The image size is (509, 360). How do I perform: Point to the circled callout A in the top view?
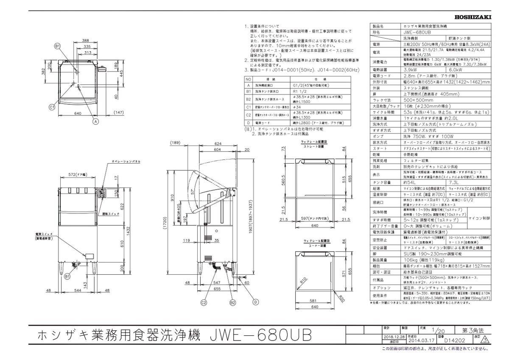pyautogui.click(x=96, y=121)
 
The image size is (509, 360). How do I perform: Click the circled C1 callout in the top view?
pyautogui.click(x=51, y=108)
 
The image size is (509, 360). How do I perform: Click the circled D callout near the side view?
pyautogui.click(x=256, y=302)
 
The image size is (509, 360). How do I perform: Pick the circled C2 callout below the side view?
pyautogui.click(x=204, y=302)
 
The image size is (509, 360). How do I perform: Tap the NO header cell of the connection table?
pyautogui.click(x=249, y=79)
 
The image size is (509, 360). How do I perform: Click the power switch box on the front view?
pyautogui.click(x=90, y=256)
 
